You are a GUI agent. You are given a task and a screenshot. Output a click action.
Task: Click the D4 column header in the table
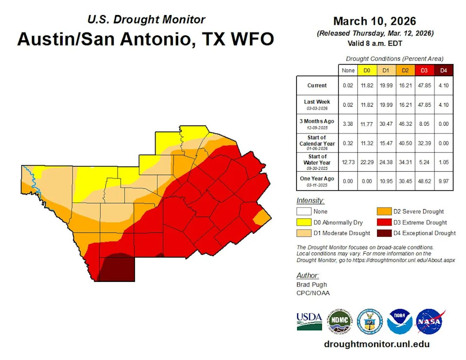click(443, 71)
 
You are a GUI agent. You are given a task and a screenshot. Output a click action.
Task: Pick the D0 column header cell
click(367, 71)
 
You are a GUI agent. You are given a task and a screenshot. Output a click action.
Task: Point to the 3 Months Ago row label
click(317, 123)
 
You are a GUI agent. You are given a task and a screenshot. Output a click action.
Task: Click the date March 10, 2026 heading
click(374, 21)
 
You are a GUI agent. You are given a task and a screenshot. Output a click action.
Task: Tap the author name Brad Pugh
click(311, 284)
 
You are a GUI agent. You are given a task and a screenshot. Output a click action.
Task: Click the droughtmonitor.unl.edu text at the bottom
click(377, 344)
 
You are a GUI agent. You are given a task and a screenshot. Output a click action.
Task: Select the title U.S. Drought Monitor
click(146, 20)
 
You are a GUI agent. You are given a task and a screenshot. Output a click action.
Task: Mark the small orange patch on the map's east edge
click(260, 217)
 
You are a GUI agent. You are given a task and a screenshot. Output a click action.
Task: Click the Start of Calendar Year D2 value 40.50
click(405, 143)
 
